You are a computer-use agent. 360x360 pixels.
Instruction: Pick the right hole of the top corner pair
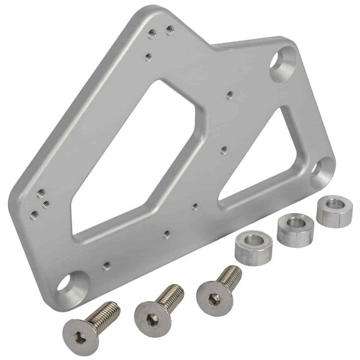(169, 29)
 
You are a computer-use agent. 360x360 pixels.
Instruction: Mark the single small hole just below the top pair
(147, 57)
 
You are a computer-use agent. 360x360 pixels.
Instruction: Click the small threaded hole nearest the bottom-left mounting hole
(106, 265)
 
